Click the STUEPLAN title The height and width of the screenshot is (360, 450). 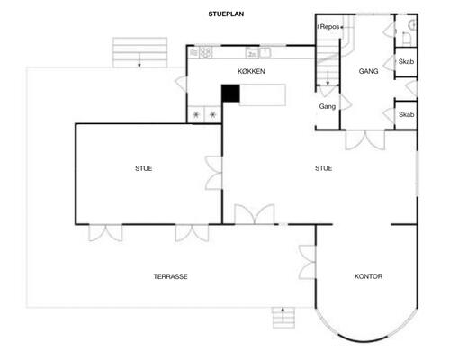coord(225,14)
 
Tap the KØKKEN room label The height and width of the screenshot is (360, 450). coord(251,71)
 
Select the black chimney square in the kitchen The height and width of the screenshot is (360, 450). coord(231,93)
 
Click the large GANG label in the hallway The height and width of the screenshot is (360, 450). coord(368,71)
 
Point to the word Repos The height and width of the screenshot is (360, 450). coord(330,28)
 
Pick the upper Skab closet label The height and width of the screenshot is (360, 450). coord(406,64)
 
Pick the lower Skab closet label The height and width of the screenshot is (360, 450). coord(406,115)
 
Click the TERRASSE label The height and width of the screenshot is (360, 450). coord(170,276)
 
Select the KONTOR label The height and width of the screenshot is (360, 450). coord(368,276)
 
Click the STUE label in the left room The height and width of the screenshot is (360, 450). coord(143,167)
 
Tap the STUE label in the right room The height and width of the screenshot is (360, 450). coord(323,167)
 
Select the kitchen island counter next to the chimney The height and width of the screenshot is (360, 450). coord(262,93)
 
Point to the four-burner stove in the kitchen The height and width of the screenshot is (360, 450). coord(204,114)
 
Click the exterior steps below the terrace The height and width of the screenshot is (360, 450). coord(284,318)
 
